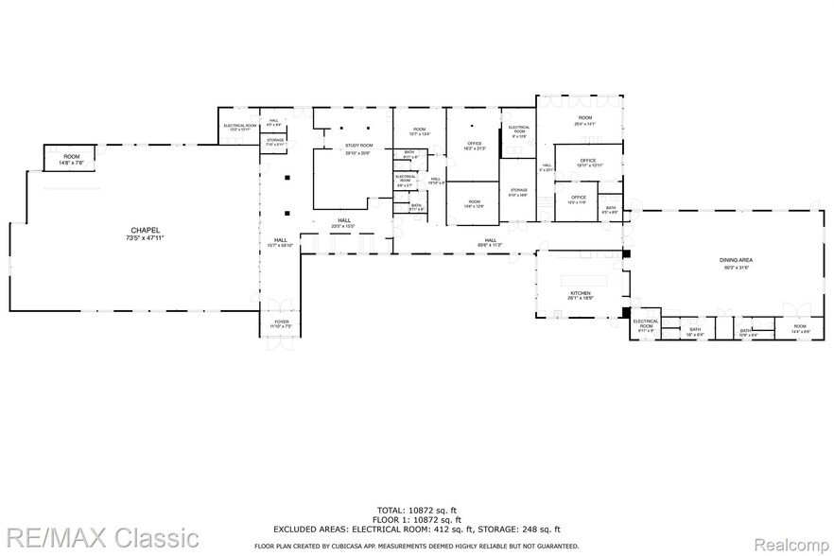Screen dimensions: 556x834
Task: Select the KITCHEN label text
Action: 581,294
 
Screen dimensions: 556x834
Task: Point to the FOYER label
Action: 282,321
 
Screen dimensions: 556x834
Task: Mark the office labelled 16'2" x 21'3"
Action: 473,145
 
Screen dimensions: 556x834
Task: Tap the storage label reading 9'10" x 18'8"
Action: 517,192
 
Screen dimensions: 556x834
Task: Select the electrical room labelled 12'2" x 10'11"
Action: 239,127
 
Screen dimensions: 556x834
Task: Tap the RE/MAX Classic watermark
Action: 99,537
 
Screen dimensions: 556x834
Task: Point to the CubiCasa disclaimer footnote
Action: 416,547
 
